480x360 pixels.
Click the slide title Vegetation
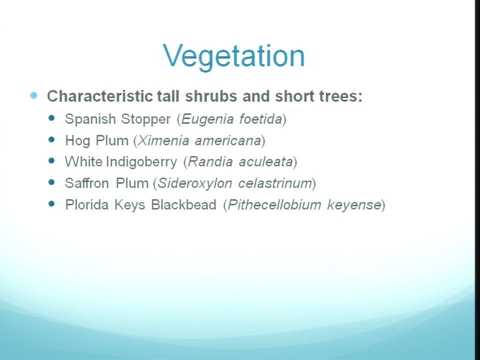(234, 56)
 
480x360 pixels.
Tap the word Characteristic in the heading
(100, 96)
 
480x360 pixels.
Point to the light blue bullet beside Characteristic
(33, 95)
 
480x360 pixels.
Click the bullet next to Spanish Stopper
(51, 118)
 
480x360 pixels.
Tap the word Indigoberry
(141, 162)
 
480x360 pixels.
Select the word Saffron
(87, 183)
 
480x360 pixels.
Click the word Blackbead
(183, 204)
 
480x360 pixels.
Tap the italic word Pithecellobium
(274, 205)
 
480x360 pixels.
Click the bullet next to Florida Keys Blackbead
(51, 203)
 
